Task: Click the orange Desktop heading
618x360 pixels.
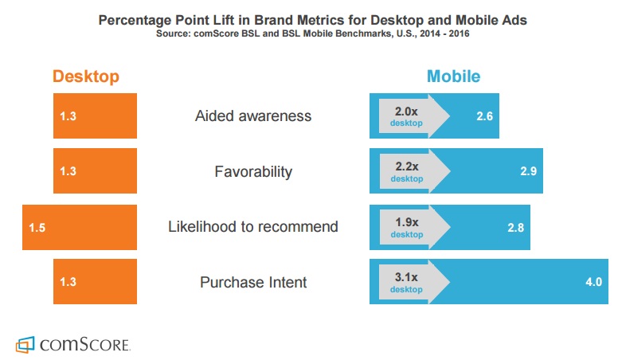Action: pos(86,76)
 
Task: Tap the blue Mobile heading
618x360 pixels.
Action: pos(454,76)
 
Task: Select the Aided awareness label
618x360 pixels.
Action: pos(253,116)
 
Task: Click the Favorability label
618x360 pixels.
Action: pos(253,171)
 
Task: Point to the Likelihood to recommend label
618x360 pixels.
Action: pos(253,227)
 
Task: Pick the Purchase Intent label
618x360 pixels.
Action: pos(253,282)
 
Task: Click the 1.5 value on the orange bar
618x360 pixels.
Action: pos(37,228)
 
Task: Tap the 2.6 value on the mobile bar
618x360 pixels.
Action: pos(484,116)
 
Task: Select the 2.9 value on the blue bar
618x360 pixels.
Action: pos(528,171)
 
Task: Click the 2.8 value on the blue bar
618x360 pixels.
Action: pos(515,228)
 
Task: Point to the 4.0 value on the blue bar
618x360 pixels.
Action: pos(593,282)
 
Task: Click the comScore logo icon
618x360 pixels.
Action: pos(25,345)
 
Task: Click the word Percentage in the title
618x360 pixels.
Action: pos(135,20)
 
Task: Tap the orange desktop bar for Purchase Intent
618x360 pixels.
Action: pos(95,281)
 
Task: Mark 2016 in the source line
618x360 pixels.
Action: pos(459,33)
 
